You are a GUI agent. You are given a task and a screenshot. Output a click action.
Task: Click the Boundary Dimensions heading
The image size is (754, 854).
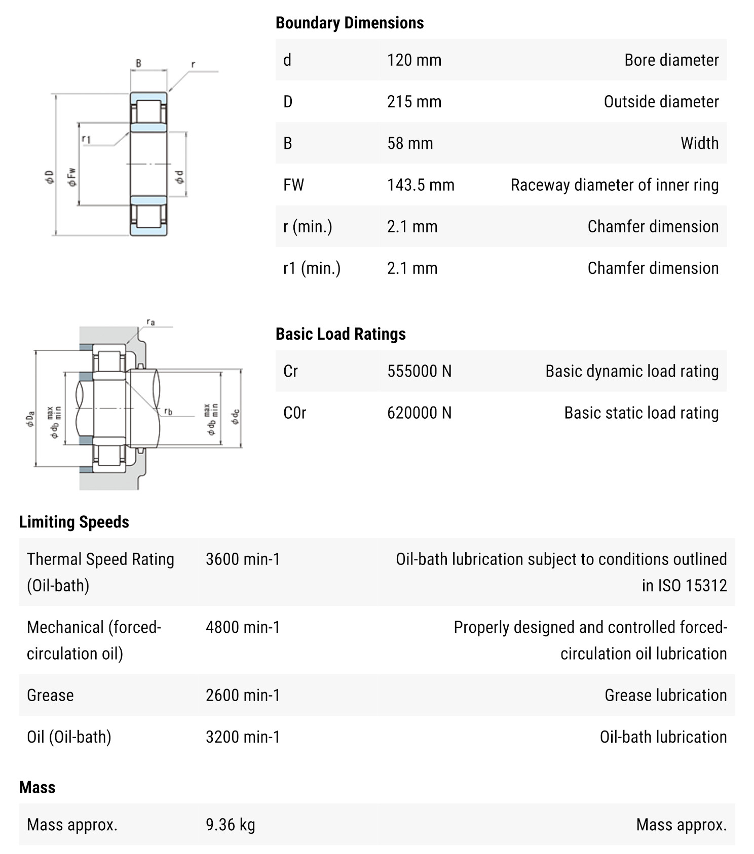pyautogui.click(x=350, y=23)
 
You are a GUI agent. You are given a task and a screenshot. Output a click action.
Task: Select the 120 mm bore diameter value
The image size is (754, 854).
pyautogui.click(x=414, y=60)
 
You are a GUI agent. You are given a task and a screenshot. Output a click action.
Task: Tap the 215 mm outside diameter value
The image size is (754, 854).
pyautogui.click(x=414, y=102)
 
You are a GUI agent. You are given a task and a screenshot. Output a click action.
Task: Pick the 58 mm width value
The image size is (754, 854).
pyautogui.click(x=410, y=143)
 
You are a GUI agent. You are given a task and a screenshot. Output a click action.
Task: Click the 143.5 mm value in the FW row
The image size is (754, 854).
pyautogui.click(x=421, y=185)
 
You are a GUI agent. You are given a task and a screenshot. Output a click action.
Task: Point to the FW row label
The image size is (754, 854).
pyautogui.click(x=293, y=185)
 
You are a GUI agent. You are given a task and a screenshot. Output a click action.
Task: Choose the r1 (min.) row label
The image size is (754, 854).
pyautogui.click(x=312, y=268)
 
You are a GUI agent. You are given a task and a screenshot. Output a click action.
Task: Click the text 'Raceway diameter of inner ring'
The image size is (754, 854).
pyautogui.click(x=614, y=185)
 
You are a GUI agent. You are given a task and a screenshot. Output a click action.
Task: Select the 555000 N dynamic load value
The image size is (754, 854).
pyautogui.click(x=419, y=371)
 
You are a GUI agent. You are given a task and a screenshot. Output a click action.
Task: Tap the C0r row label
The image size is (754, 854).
pyautogui.click(x=295, y=413)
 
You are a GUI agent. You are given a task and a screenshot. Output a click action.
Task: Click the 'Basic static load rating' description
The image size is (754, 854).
pyautogui.click(x=641, y=413)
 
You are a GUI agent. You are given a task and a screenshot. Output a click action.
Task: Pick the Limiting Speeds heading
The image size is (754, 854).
pyautogui.click(x=74, y=522)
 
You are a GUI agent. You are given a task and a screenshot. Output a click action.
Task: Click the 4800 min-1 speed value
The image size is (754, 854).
pyautogui.click(x=243, y=627)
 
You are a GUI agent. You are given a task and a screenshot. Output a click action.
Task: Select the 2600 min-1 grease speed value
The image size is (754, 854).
pyautogui.click(x=243, y=695)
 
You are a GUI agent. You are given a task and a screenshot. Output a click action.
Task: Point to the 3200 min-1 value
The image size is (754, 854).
pyautogui.click(x=243, y=737)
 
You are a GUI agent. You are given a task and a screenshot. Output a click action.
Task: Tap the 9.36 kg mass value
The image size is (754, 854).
pyautogui.click(x=230, y=825)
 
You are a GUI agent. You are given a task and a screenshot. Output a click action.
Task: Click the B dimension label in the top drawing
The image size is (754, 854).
pyautogui.click(x=138, y=64)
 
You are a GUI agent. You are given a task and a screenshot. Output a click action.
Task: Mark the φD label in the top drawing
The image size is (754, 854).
pyautogui.click(x=49, y=177)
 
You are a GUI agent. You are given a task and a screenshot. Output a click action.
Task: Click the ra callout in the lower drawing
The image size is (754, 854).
pyautogui.click(x=150, y=322)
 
